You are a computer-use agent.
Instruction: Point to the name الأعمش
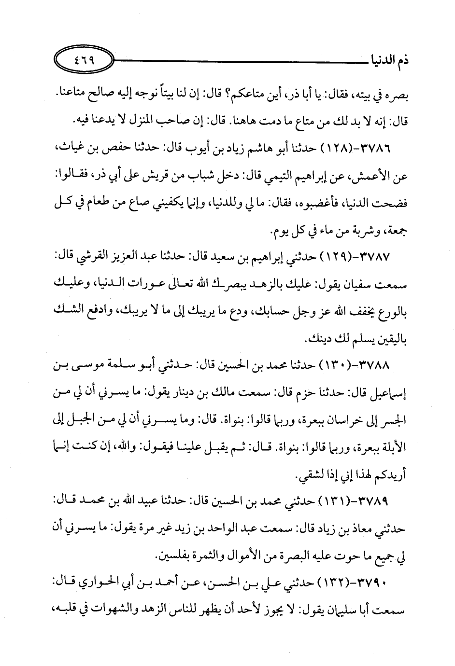[382, 178]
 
